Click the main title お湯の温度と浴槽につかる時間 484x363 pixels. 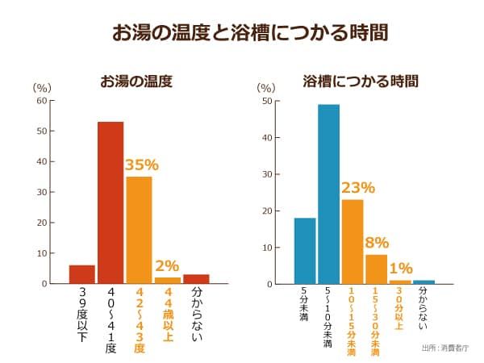coord(242,32)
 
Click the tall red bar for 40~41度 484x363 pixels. coord(111,202)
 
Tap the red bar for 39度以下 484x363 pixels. coord(82,274)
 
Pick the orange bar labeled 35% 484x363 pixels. coord(139,230)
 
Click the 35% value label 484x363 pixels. coord(140,165)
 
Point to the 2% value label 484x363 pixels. coord(167,265)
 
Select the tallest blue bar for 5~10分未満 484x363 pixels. coord(328,194)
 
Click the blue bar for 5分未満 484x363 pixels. coord(305,251)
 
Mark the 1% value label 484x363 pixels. coord(399,269)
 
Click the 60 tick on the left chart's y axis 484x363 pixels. coord(42,101)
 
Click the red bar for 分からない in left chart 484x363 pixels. coord(196,279)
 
